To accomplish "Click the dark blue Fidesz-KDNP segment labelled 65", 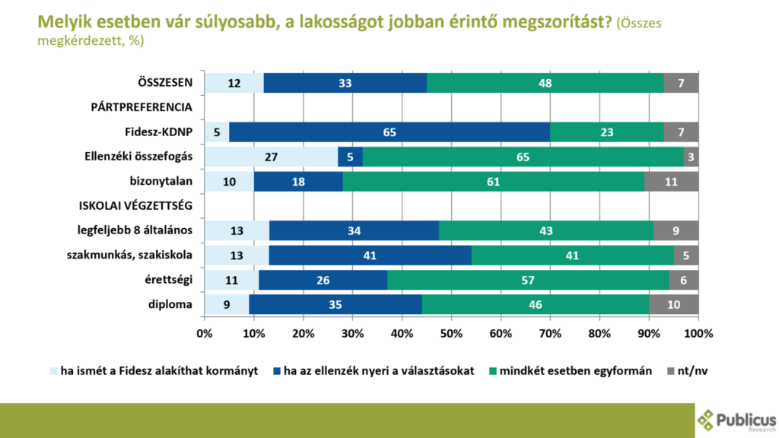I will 389,132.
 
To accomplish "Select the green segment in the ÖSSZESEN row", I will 545,83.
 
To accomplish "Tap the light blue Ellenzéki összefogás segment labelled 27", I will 271,157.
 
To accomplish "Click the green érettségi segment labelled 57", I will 528,281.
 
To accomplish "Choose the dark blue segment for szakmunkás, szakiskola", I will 370,255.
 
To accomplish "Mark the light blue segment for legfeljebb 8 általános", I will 237,231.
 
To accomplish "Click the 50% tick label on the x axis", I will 451,333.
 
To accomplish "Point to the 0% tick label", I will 204,333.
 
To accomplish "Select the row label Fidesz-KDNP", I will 162,132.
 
